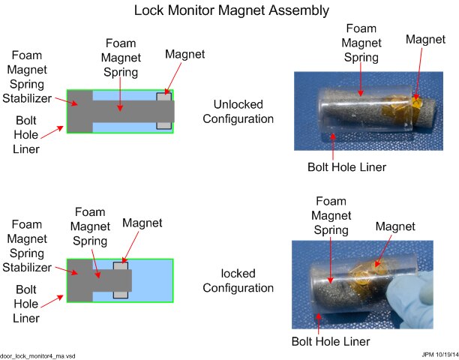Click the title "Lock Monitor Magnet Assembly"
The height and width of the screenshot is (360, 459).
click(231, 10)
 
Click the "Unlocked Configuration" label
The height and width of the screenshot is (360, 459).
click(243, 111)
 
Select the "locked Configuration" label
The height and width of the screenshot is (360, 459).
click(243, 280)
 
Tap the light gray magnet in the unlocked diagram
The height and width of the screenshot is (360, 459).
click(163, 111)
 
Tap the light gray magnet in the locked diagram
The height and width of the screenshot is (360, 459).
click(120, 280)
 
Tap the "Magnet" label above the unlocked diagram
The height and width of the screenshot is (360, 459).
click(184, 54)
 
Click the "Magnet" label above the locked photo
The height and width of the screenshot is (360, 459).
click(395, 226)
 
